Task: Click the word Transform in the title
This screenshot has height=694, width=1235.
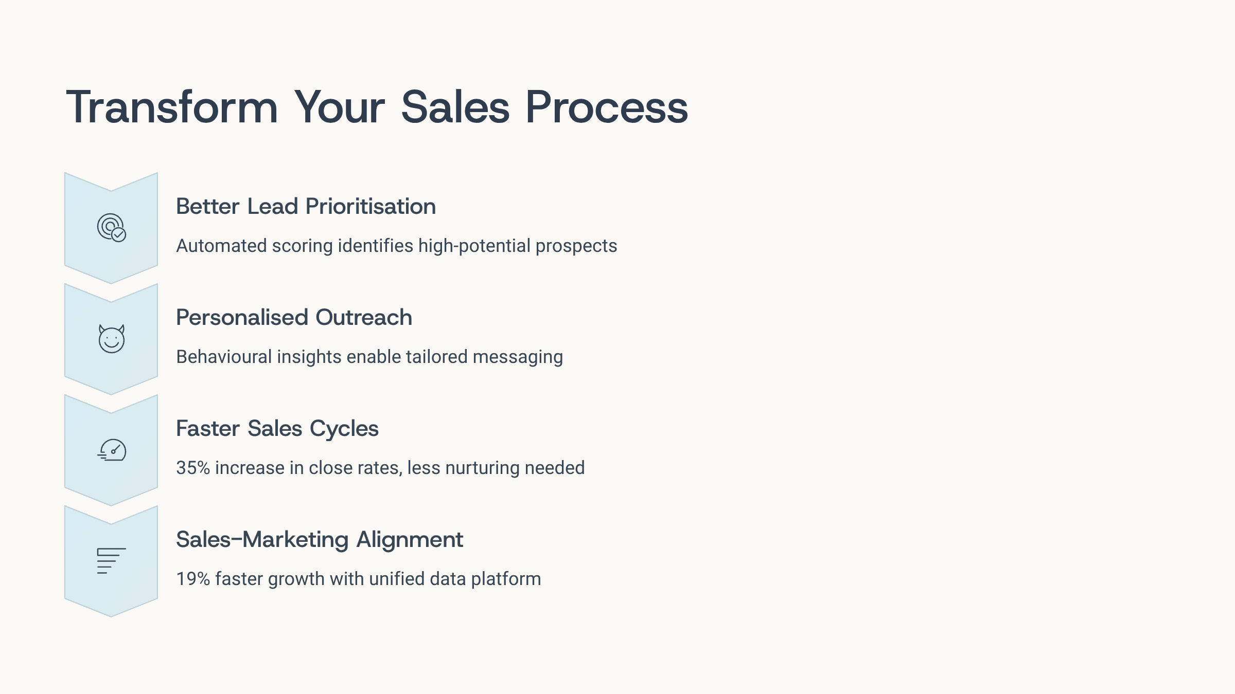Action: click(172, 107)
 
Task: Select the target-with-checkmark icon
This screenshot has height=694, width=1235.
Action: click(112, 227)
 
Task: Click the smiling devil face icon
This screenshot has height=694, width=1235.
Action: click(112, 338)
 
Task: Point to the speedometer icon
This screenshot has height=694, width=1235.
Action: click(112, 450)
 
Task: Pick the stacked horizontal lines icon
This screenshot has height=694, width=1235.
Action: click(112, 561)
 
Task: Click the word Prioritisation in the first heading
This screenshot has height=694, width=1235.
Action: click(370, 206)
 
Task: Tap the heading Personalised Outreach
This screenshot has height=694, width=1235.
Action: click(294, 317)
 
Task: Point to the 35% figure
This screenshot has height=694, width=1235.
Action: click(193, 468)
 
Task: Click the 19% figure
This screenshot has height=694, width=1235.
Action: click(193, 579)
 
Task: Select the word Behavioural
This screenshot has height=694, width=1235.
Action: click(224, 357)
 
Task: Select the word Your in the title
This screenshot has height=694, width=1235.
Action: click(340, 107)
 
